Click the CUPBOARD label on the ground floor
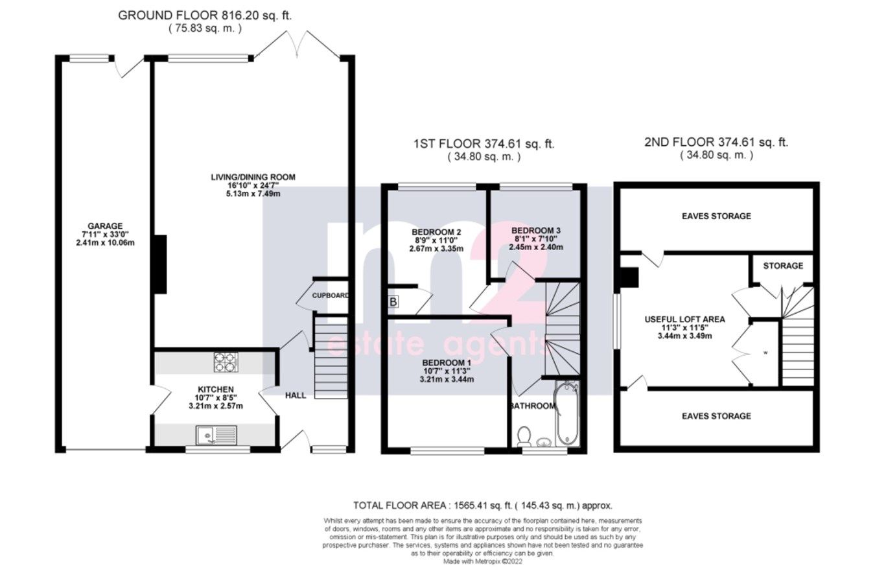point(331,296)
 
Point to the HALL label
point(296,395)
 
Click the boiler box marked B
point(393,301)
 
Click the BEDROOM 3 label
point(535,230)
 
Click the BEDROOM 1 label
point(446,362)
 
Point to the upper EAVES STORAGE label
point(716,216)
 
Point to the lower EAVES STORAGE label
point(716,416)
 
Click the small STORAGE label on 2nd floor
point(782,266)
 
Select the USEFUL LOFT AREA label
point(684,319)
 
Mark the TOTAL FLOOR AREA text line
point(482,506)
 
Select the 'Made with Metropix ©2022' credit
point(482,562)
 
